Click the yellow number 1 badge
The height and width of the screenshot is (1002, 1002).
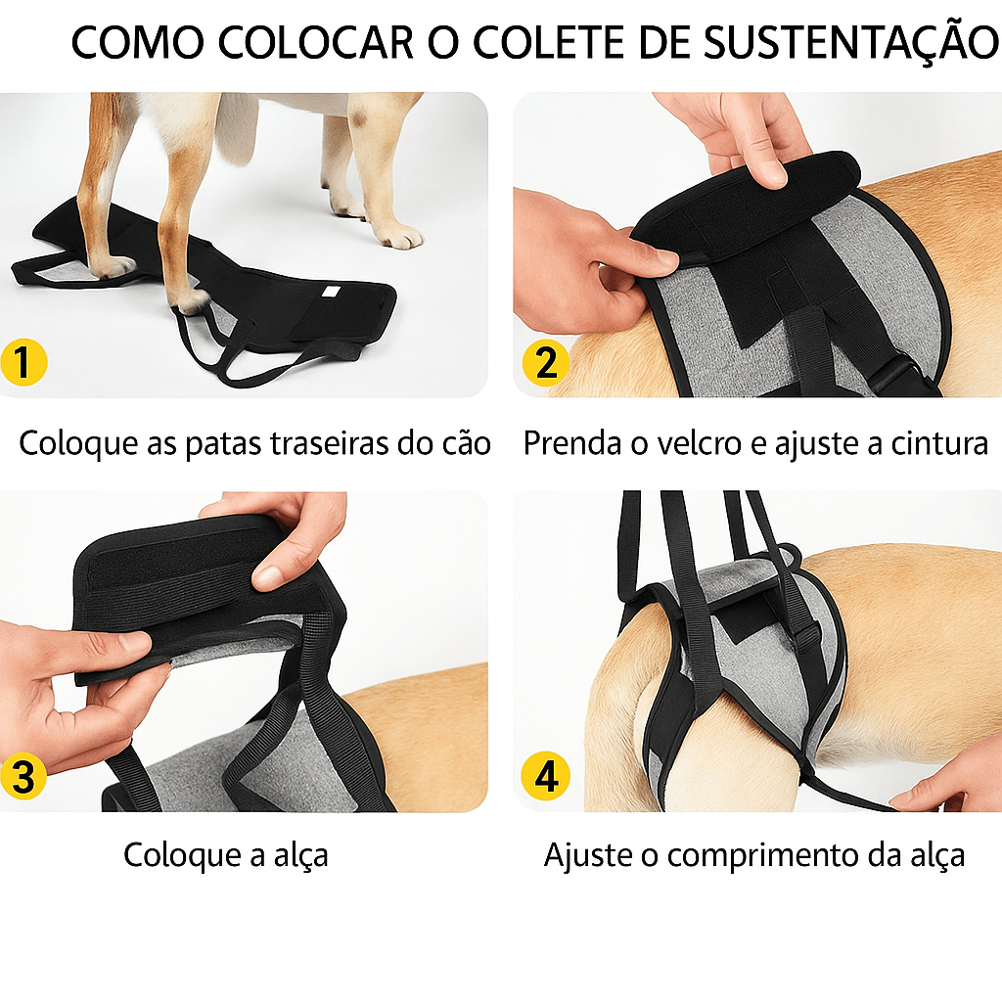tap(24, 363)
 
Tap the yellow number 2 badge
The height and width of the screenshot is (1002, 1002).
tap(545, 363)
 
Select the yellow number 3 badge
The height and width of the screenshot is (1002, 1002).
tap(24, 777)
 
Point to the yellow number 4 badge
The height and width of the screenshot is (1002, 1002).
tap(545, 777)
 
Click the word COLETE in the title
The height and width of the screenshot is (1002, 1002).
tap(553, 44)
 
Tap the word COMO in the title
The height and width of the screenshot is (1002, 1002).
tap(138, 44)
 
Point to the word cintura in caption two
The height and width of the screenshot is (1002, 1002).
tap(939, 443)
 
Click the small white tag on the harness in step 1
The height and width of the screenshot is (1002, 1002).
tap(330, 292)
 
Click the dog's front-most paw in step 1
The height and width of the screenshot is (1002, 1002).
tap(398, 236)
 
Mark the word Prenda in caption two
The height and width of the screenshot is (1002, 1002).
tap(570, 443)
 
